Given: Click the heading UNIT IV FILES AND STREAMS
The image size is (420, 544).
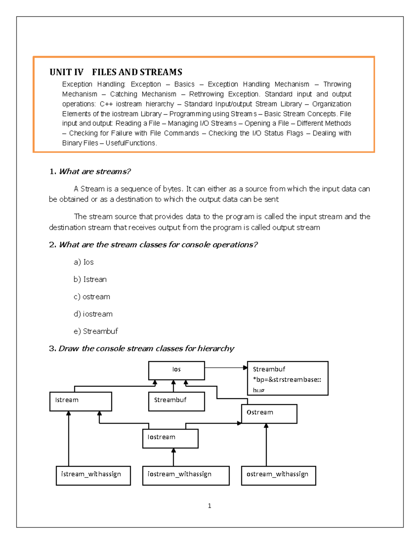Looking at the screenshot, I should tap(116, 72).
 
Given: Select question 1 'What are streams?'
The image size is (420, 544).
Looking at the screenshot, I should tap(90, 171).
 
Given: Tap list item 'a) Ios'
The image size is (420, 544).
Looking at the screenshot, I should tap(84, 262).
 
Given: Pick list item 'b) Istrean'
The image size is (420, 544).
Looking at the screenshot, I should tap(90, 279).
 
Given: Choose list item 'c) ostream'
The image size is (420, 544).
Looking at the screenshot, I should tap(92, 297).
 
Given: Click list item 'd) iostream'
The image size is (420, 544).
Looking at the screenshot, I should tap(93, 314).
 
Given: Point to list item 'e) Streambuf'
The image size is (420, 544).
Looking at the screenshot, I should tap(96, 331).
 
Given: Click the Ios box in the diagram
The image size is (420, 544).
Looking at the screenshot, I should tap(176, 371).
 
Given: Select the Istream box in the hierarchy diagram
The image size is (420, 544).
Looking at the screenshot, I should tap(80, 401).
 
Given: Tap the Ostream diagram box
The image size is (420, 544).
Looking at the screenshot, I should tap(269, 414).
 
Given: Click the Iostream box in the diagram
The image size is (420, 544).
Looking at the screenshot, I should tap(170, 439).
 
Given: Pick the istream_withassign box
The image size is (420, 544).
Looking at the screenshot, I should tap(93, 475).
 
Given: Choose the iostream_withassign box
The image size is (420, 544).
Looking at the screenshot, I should tap(186, 475).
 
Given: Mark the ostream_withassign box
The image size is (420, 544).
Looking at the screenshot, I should tap(278, 475).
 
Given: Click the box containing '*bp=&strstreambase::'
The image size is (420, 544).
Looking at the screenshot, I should tap(287, 378).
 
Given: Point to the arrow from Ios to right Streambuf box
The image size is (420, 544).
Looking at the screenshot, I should tap(226, 368).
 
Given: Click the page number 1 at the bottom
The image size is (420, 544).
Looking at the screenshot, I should tap(209, 505).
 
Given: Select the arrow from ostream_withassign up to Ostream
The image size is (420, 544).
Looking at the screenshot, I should tap(266, 445).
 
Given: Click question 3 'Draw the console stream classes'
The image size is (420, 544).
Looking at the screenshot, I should tap(141, 349).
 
